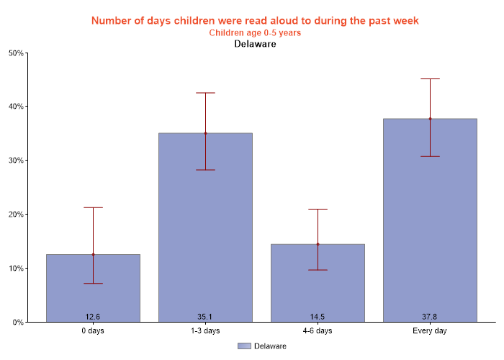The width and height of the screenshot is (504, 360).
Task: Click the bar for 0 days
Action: (93, 288)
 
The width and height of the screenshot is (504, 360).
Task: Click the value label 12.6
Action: (93, 317)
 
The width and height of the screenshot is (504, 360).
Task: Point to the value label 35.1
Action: (205, 317)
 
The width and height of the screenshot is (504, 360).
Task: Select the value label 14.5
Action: (318, 317)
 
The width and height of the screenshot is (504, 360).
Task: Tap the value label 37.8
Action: (430, 317)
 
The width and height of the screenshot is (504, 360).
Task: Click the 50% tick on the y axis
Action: (15, 53)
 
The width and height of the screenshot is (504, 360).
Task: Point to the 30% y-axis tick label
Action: (15, 161)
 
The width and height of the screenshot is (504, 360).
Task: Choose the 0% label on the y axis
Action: (17, 323)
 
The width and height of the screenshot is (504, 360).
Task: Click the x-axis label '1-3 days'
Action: (205, 331)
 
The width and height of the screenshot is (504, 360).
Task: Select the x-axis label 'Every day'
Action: (430, 331)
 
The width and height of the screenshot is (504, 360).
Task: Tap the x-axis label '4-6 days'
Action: (318, 331)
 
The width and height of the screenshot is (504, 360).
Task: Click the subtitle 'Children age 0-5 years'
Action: (255, 33)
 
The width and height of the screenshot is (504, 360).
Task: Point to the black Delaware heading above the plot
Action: (255, 44)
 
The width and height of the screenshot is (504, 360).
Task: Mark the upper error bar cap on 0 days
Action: (93, 207)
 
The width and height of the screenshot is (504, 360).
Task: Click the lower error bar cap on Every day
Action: (430, 156)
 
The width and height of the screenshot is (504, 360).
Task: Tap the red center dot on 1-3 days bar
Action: (205, 133)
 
